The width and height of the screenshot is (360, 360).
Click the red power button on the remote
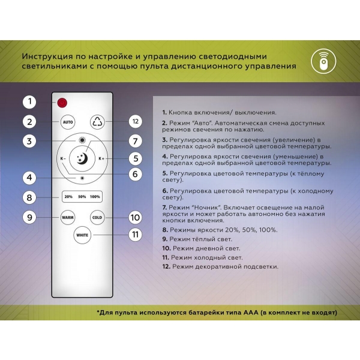[x=63, y=102]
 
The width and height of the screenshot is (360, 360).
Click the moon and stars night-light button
[x=82, y=158]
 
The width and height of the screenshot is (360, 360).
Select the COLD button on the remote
[x=97, y=217]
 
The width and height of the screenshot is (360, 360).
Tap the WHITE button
[x=82, y=235]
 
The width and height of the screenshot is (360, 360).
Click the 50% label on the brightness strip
[x=82, y=197]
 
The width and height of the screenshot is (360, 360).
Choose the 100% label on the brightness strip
[x=96, y=197]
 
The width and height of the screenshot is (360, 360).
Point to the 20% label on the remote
[x=68, y=197]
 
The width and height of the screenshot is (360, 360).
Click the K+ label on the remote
[x=101, y=158]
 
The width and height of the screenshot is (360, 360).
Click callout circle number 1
[x=29, y=102]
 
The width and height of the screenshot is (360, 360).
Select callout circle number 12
[x=136, y=121]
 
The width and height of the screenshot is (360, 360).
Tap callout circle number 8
[x=29, y=197]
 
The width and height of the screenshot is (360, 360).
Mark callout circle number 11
[x=136, y=235]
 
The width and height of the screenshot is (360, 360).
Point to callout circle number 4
[x=29, y=178]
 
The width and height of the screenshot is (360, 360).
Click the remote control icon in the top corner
[x=324, y=62]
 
